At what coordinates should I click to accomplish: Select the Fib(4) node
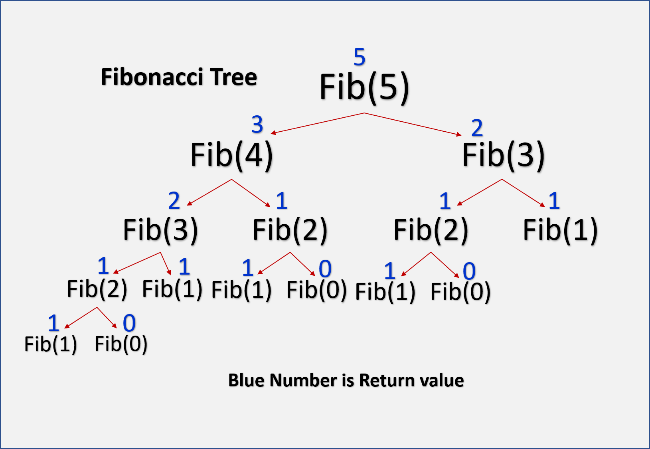pos(231,155)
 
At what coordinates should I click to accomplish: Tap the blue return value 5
pos(360,57)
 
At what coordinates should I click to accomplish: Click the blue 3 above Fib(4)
pos(257,125)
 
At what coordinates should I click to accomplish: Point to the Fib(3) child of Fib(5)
pos(503,155)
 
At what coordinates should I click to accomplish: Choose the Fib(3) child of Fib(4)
pos(160,230)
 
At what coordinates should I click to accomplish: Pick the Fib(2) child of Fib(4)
pos(290,230)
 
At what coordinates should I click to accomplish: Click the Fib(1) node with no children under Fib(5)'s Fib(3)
pos(560,230)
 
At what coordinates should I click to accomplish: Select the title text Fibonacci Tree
pos(179,77)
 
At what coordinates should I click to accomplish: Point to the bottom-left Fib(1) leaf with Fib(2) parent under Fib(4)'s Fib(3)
pos(51,344)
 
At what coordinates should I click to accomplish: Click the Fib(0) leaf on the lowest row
pos(121,344)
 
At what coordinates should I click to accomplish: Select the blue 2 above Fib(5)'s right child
pos(477,128)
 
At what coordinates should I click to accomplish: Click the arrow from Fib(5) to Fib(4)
pos(318,123)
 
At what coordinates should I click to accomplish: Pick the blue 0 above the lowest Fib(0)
pos(129,323)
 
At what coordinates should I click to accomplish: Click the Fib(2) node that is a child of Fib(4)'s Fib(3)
pos(97,289)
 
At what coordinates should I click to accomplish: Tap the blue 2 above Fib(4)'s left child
pos(174,201)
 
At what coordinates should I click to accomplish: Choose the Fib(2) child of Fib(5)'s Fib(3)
pos(431,230)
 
